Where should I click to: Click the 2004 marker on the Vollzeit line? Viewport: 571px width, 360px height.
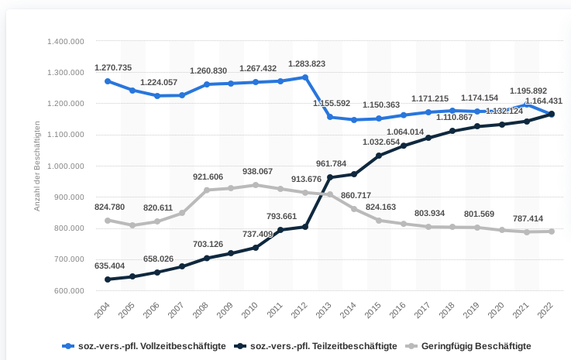click(x=108, y=81)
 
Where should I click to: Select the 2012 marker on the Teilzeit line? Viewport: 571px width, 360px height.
click(x=305, y=227)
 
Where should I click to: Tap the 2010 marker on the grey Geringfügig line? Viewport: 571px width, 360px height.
click(x=256, y=185)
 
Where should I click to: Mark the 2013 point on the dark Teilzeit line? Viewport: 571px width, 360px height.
click(x=330, y=177)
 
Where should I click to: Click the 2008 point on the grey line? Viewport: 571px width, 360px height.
click(x=207, y=190)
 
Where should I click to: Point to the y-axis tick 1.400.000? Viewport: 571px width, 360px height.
click(x=66, y=40)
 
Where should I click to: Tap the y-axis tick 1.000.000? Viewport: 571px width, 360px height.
click(x=66, y=166)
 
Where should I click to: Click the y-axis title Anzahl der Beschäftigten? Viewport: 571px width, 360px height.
click(x=36, y=166)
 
